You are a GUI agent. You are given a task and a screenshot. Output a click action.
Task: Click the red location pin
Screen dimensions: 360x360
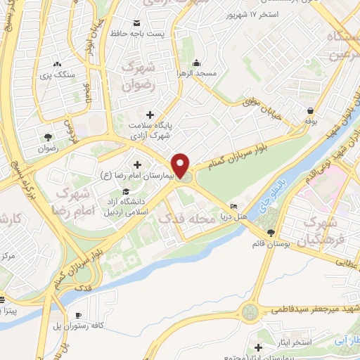[x=181, y=165]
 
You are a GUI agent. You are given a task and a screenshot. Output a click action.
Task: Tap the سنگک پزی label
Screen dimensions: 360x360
[x=56, y=74]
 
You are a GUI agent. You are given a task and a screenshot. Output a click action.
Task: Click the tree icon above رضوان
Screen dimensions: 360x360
[x=48, y=137]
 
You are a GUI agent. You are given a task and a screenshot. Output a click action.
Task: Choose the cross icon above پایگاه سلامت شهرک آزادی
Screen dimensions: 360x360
[x=149, y=115]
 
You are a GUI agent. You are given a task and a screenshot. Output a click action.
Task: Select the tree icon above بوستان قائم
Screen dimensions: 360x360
[x=271, y=232]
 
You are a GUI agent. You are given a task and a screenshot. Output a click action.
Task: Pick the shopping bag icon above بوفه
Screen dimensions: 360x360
[x=310, y=110]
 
